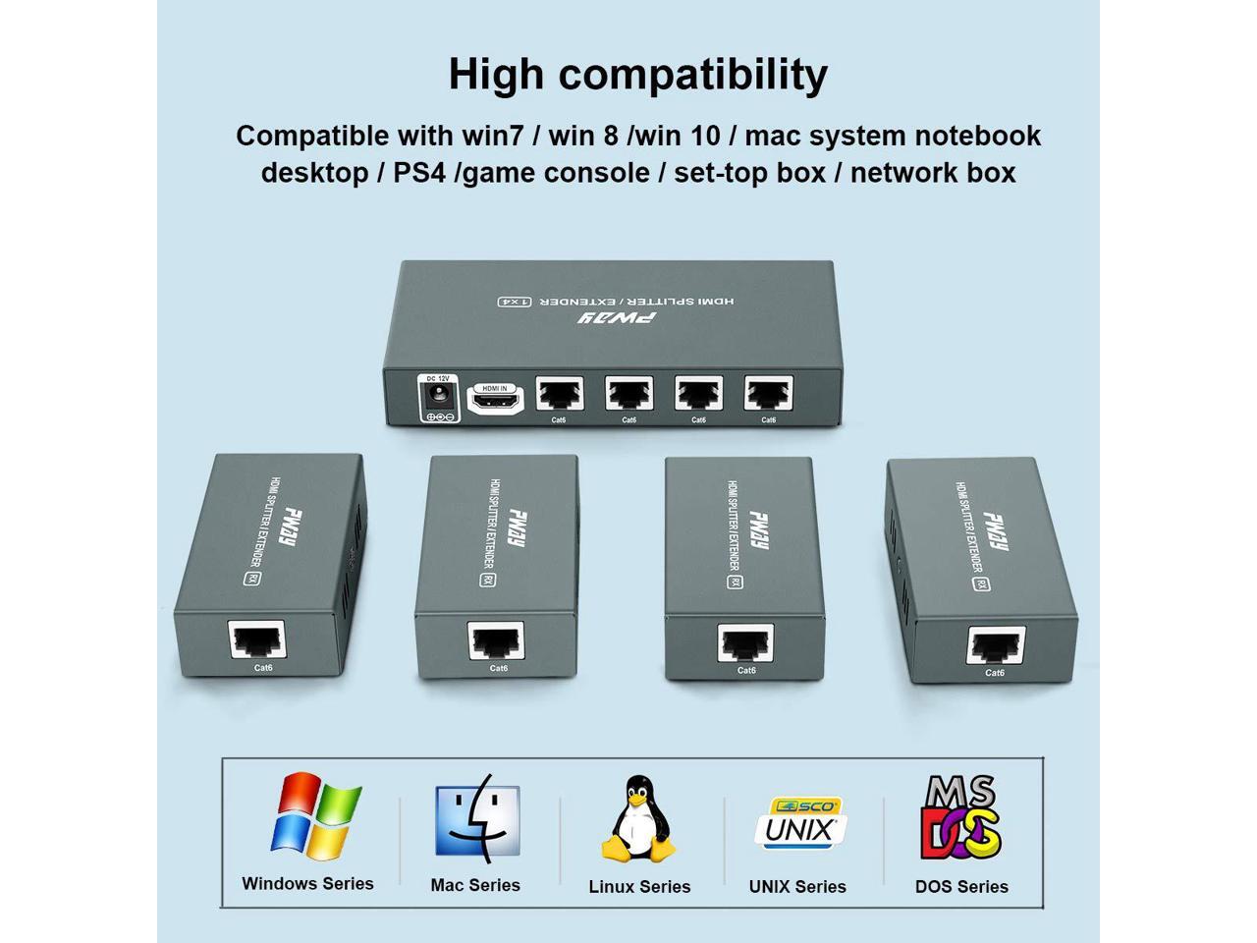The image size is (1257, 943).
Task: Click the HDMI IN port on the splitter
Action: pyautogui.click(x=496, y=401)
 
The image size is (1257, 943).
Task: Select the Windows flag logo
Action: pyautogui.click(x=315, y=814)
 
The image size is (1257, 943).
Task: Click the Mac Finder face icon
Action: pyautogui.click(x=477, y=818)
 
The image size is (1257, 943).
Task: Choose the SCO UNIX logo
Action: pyautogui.click(x=798, y=822)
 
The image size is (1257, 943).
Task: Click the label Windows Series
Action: pyautogui.click(x=307, y=883)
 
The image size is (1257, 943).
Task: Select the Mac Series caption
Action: pyautogui.click(x=475, y=885)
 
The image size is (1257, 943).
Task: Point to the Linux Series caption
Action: pyautogui.click(x=639, y=886)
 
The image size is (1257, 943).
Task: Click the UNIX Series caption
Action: pyautogui.click(x=797, y=886)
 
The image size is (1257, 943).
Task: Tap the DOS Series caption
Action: pyautogui.click(x=961, y=886)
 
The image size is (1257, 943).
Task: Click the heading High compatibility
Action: pyautogui.click(x=637, y=75)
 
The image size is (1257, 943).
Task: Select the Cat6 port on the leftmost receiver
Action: pyautogui.click(x=257, y=640)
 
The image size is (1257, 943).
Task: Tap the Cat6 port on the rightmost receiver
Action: pyautogui.click(x=997, y=646)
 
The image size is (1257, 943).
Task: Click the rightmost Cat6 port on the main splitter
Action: pyautogui.click(x=768, y=394)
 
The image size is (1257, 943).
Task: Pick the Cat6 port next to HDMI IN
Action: pyautogui.click(x=559, y=394)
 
